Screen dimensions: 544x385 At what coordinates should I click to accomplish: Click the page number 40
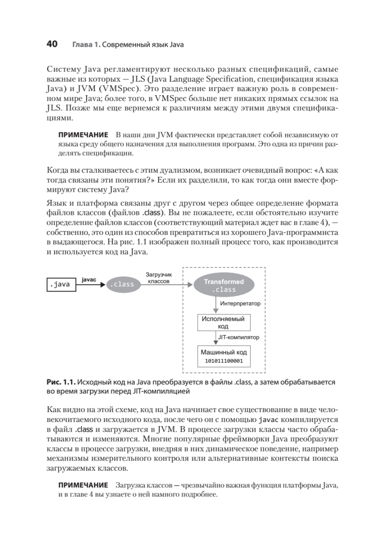click(52, 44)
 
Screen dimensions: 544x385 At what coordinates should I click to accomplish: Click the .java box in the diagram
click(62, 285)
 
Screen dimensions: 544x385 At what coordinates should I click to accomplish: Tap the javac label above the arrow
click(89, 280)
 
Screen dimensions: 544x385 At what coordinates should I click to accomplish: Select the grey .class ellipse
click(122, 285)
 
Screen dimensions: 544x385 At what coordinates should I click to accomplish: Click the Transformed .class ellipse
click(224, 285)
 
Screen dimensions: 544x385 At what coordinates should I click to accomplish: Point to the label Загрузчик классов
click(159, 277)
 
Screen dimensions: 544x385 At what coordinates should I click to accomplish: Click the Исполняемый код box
click(222, 322)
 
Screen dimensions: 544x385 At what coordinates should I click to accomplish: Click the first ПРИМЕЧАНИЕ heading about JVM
click(83, 135)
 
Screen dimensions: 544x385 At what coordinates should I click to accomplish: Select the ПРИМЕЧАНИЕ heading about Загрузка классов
click(83, 485)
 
